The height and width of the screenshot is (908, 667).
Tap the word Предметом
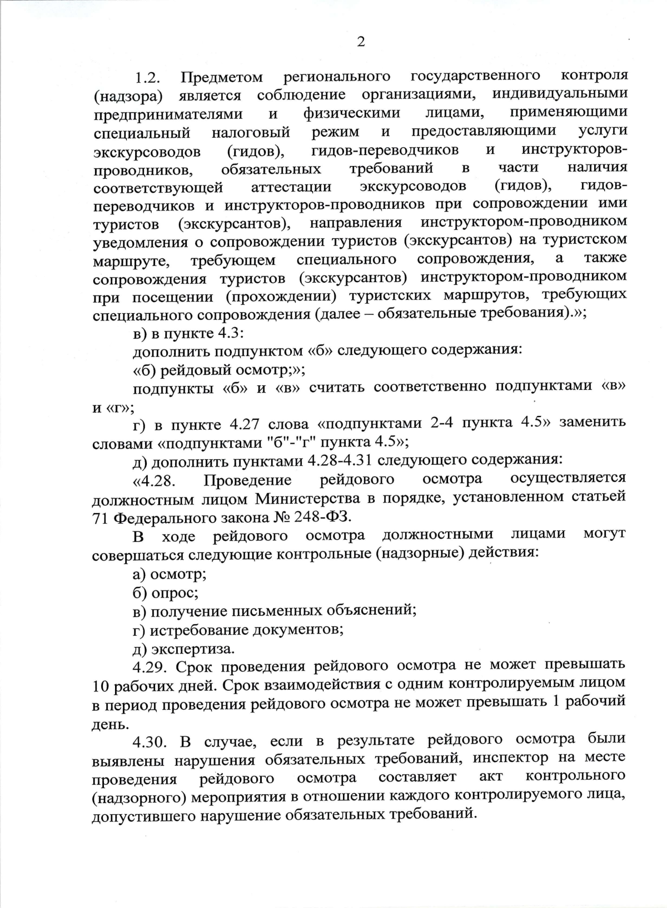pos(222,77)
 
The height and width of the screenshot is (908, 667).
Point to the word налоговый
pos(251,133)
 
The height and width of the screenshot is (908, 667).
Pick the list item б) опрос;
pos(166,592)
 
